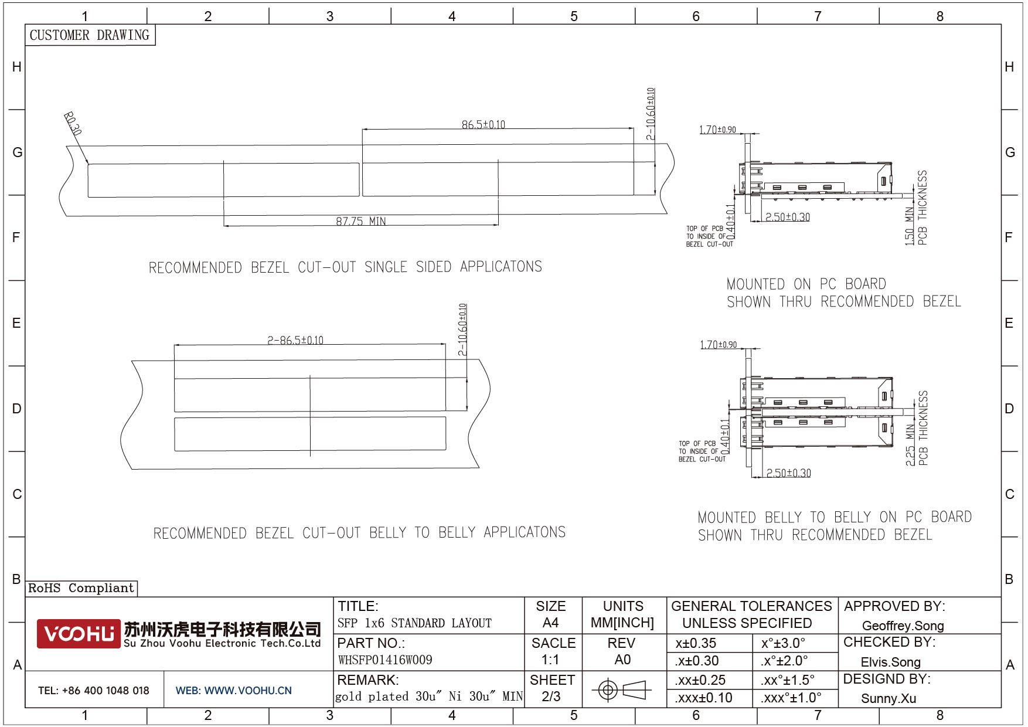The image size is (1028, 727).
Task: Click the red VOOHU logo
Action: point(78,634)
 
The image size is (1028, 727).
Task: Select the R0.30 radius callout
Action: point(73,124)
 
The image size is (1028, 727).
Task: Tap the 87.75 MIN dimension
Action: point(361,221)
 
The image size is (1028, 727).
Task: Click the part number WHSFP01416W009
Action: point(385,660)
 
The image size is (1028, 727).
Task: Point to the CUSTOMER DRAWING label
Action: point(90,35)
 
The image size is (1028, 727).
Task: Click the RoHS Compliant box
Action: point(81,588)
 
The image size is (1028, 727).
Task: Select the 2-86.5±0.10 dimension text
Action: point(295,340)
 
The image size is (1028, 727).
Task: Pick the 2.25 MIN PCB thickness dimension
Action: point(917,428)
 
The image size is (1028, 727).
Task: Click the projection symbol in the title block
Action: point(622,689)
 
